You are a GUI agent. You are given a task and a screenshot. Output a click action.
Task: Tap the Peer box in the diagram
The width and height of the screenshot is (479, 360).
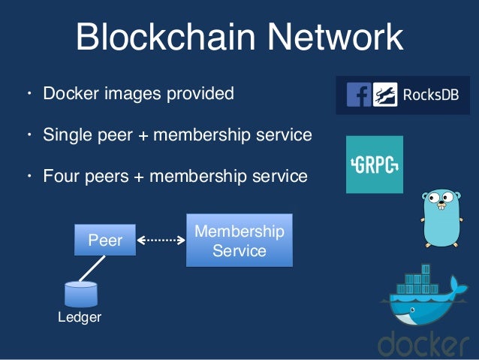coord(105,241)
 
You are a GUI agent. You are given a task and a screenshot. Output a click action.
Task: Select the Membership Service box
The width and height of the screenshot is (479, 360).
coord(239,241)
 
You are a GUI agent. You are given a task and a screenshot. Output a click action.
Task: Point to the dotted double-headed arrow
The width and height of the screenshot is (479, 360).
coord(161,241)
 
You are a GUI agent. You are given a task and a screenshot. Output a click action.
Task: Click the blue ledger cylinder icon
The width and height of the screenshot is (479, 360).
coord(81,292)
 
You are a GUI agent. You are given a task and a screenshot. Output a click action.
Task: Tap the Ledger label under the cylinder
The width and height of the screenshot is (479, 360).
coord(80,317)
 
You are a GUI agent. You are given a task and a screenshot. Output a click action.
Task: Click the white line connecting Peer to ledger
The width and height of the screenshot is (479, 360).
coord(92,268)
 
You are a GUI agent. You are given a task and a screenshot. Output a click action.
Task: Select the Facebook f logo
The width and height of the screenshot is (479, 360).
coord(359,95)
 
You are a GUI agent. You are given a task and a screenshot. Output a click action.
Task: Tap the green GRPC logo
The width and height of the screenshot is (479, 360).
coord(375,165)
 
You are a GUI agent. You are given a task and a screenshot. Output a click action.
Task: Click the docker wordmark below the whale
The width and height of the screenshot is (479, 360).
coord(425,344)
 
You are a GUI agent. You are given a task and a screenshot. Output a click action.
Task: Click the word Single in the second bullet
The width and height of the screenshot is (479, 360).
coord(66,136)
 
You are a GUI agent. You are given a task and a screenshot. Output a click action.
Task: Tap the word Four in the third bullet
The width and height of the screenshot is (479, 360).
coord(61,177)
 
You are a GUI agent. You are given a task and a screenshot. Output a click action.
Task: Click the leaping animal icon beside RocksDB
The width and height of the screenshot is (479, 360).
coord(385,95)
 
